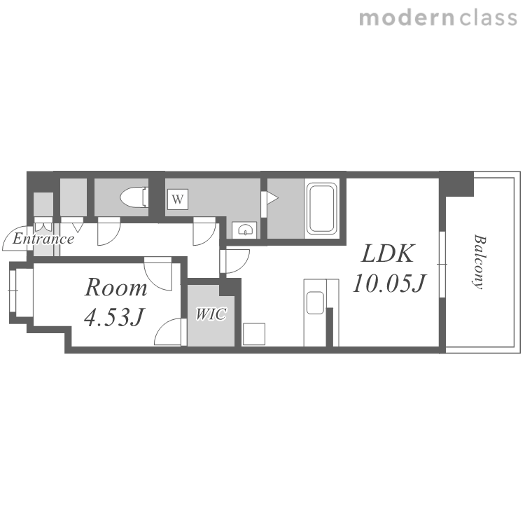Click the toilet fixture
pyautogui.click(x=134, y=197)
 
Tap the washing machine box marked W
pyautogui.click(x=178, y=199)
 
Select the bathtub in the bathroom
pyautogui.click(x=321, y=209)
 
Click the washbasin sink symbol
pyautogui.click(x=244, y=230)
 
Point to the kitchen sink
pyautogui.click(x=315, y=302)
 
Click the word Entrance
pyautogui.click(x=43, y=239)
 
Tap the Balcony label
pyautogui.click(x=479, y=262)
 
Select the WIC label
pyautogui.click(x=211, y=314)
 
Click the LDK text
pyautogui.click(x=388, y=253)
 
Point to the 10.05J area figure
pyautogui.click(x=388, y=283)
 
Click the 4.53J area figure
pyautogui.click(x=114, y=316)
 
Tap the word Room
pyautogui.click(x=115, y=287)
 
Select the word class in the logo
pyautogui.click(x=488, y=17)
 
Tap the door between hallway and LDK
pyautogui.click(x=234, y=261)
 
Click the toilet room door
pyautogui.click(x=108, y=231)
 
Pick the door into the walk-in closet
pyautogui.click(x=170, y=332)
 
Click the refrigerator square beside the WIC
pyautogui.click(x=254, y=334)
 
